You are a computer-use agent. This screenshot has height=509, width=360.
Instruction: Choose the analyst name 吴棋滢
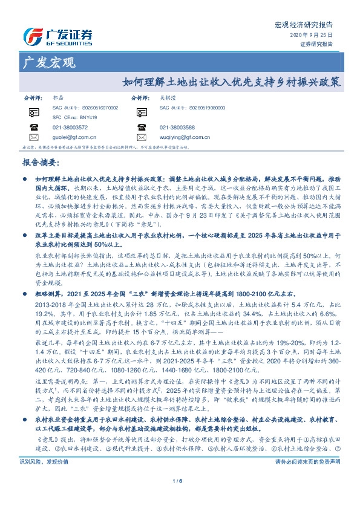point(168,97)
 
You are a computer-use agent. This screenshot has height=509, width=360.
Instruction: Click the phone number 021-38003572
point(70,128)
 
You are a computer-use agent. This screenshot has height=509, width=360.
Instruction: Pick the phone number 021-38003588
point(177,128)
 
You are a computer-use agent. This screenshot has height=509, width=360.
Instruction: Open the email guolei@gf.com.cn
point(74,137)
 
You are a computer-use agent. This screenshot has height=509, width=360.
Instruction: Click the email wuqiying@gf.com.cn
point(185,137)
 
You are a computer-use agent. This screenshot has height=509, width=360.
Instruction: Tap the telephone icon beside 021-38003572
point(34,128)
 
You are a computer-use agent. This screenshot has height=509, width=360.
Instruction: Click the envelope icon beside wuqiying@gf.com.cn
point(142,137)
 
